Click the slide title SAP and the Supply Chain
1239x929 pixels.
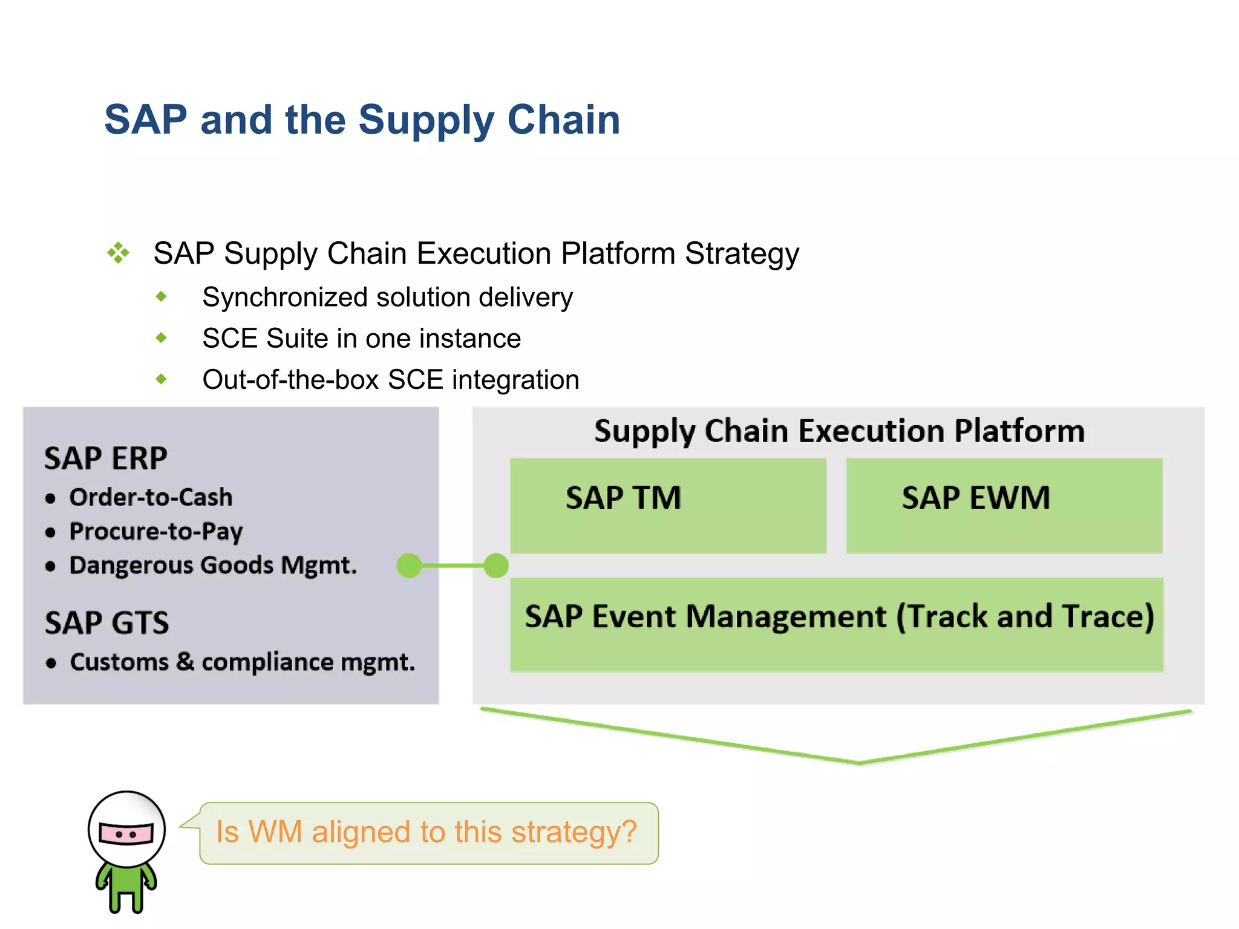point(362,120)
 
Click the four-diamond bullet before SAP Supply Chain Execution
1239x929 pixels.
point(119,253)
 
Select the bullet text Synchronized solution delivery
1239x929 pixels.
point(387,297)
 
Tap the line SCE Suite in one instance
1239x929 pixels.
point(361,338)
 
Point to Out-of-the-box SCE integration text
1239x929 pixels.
point(390,380)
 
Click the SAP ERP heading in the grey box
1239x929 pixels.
point(106,458)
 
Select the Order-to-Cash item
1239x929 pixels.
point(151,497)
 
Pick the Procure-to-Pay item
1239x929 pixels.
point(155,531)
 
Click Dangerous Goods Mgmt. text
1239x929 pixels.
point(213,565)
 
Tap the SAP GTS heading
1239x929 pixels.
point(107,622)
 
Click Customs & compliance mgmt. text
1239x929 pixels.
point(242,662)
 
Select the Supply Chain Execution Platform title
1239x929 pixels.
point(839,431)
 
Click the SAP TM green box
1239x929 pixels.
point(668,506)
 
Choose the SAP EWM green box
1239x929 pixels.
point(1004,506)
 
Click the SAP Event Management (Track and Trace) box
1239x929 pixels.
point(837,624)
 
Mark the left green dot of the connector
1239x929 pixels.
point(410,566)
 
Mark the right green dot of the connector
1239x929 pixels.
point(496,566)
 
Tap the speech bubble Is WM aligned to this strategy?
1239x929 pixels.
point(428,832)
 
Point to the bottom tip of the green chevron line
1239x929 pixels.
point(859,763)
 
